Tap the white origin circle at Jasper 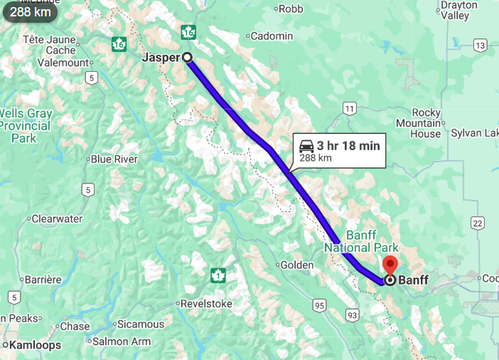pyautogui.click(x=187, y=58)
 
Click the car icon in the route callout pyautogui.click(x=306, y=146)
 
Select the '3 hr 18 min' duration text pyautogui.click(x=348, y=146)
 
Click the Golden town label pyautogui.click(x=297, y=265)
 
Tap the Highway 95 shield pyautogui.click(x=318, y=306)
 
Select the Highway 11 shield pyautogui.click(x=348, y=108)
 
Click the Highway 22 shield pyautogui.click(x=476, y=223)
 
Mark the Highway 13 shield pyautogui.click(x=481, y=46)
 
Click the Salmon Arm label pyautogui.click(x=122, y=342)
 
